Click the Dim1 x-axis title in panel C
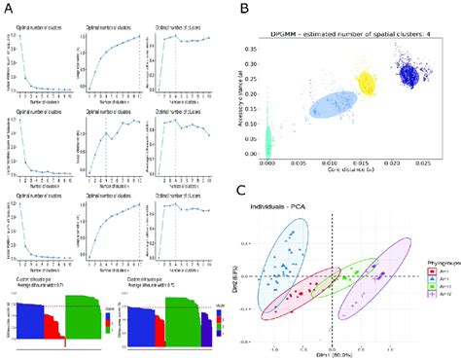pyautogui.click(x=334, y=355)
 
